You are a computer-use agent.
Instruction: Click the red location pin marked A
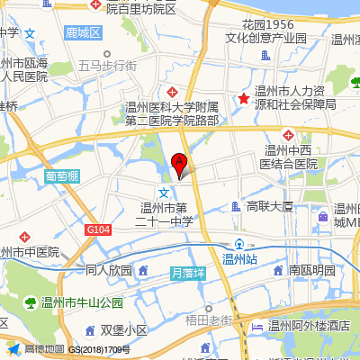point(179,163)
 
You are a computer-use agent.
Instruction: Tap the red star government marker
point(242,98)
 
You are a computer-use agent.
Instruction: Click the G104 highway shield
point(99,230)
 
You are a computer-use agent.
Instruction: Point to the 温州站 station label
point(239,259)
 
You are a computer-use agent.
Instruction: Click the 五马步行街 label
point(108,66)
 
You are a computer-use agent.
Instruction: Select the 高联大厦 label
point(270,207)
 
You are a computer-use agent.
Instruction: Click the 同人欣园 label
point(109,270)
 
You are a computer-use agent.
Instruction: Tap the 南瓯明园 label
point(311,270)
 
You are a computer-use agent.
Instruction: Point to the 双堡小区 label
point(123,330)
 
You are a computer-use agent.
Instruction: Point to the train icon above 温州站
point(239,243)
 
